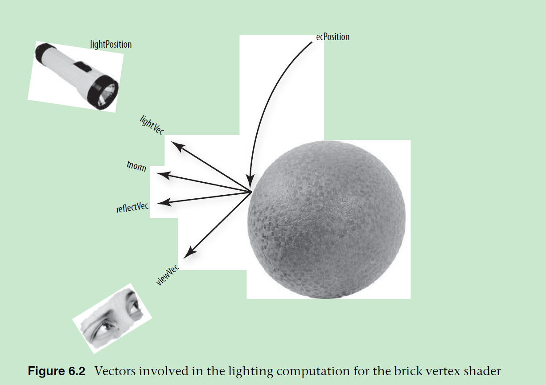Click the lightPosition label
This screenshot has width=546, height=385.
coord(111,45)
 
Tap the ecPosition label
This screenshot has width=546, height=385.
coord(333,37)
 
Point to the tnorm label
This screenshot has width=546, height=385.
coord(136,168)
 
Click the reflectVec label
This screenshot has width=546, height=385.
coord(132,207)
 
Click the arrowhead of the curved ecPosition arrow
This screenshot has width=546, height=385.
coord(250,184)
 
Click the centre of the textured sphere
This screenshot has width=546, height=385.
coord(327,219)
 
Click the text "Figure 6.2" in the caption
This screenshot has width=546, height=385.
coord(57,371)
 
